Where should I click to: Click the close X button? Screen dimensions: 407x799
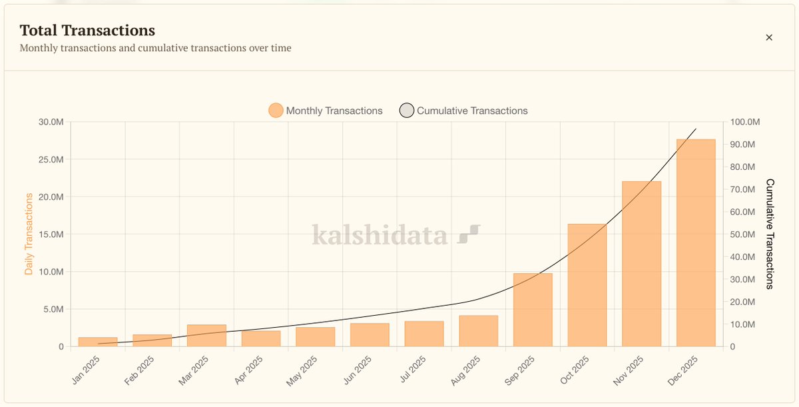769,37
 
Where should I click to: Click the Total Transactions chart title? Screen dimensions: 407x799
87,30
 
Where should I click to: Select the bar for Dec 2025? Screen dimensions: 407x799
696,242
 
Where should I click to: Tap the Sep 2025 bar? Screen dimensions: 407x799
533,310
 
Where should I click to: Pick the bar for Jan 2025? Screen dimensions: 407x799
98,342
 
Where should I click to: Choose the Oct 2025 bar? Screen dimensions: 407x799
587,285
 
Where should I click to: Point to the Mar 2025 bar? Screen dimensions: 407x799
206,336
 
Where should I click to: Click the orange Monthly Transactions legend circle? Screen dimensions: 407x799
276,111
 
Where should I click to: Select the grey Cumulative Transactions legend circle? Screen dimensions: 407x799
406,111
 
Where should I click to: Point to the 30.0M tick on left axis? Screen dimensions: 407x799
51,122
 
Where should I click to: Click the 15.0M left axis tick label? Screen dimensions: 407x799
51,234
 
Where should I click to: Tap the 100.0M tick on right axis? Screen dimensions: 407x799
744,122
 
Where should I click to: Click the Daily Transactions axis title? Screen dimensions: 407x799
29,234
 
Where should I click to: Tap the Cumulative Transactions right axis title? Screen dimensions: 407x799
770,234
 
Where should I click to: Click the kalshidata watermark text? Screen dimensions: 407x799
380,235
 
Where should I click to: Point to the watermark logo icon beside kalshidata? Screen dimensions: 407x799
469,234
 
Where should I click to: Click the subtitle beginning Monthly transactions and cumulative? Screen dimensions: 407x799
155,48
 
